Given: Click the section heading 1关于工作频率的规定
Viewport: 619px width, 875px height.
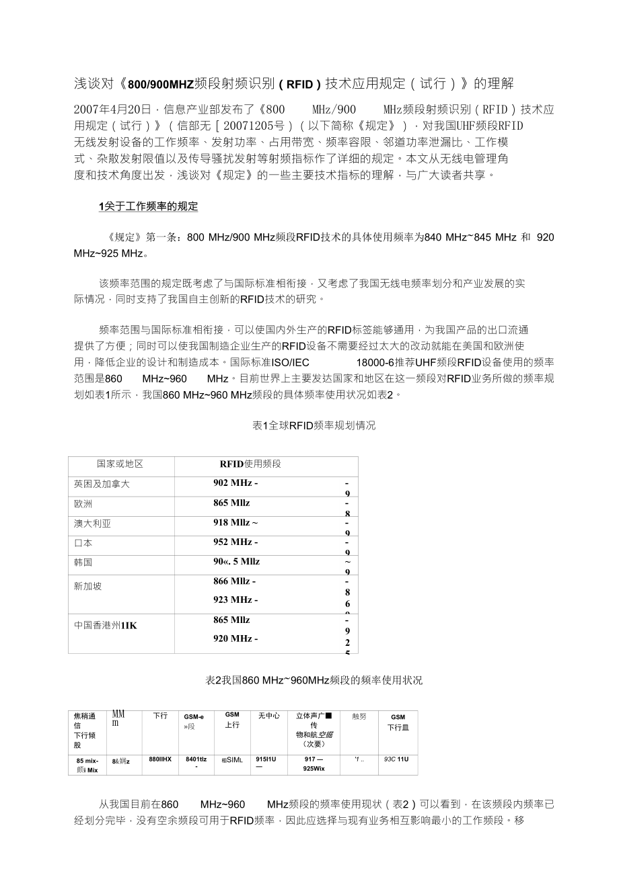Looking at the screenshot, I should (x=149, y=206).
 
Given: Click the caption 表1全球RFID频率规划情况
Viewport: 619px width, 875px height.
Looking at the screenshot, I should (x=314, y=425).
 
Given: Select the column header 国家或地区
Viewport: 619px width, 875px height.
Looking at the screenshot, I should (x=120, y=464).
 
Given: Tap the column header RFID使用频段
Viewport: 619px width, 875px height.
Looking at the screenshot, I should (x=250, y=464).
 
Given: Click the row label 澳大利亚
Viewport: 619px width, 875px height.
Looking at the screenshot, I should (x=92, y=523).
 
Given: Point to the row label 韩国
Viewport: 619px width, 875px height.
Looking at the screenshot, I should (x=83, y=562).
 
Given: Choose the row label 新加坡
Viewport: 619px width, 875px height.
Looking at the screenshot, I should (x=88, y=586).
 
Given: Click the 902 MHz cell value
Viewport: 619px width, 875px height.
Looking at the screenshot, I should (x=235, y=483).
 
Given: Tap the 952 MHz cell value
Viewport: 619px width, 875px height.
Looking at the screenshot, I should (x=235, y=542).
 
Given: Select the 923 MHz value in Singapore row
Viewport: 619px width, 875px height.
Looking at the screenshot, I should (x=234, y=599).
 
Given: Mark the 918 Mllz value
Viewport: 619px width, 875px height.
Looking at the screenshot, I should (x=235, y=522).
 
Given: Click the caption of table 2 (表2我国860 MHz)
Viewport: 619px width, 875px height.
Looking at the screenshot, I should (x=314, y=680).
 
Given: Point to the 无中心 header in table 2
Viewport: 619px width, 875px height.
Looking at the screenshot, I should (x=268, y=716).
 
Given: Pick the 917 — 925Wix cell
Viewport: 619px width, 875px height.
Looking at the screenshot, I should (x=314, y=763).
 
